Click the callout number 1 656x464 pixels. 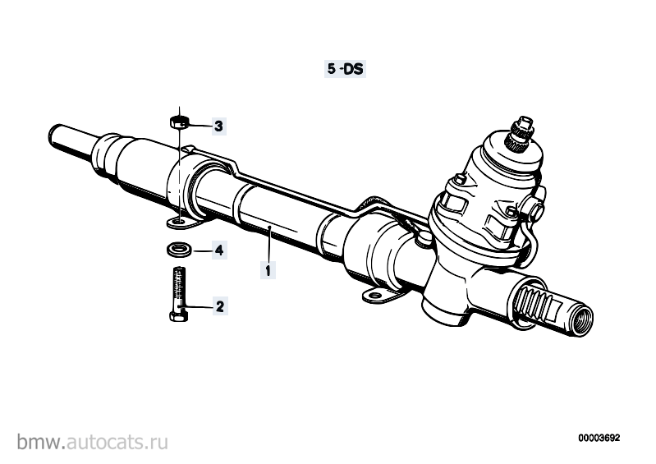[268, 270]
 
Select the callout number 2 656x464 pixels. [220, 306]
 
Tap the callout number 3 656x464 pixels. [218, 126]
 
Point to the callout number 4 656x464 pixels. [219, 250]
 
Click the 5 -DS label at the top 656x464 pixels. [345, 69]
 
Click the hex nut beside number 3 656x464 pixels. [180, 122]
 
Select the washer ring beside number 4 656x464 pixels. [180, 250]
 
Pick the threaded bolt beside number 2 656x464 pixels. [179, 294]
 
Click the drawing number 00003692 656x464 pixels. [599, 438]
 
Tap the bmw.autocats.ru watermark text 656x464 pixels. [93, 442]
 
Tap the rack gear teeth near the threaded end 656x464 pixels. [532, 299]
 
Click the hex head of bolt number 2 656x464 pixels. [179, 315]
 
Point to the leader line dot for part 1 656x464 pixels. [271, 227]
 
